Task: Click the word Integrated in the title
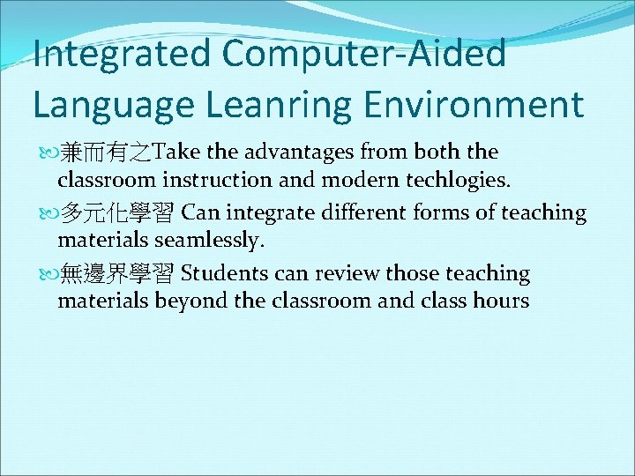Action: [122, 54]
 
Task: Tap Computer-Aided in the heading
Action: [365, 54]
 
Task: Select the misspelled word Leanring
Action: [276, 104]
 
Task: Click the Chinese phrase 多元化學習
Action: [118, 213]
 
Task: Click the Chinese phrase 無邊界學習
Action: [118, 274]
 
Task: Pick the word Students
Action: [224, 274]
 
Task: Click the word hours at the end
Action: [499, 301]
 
